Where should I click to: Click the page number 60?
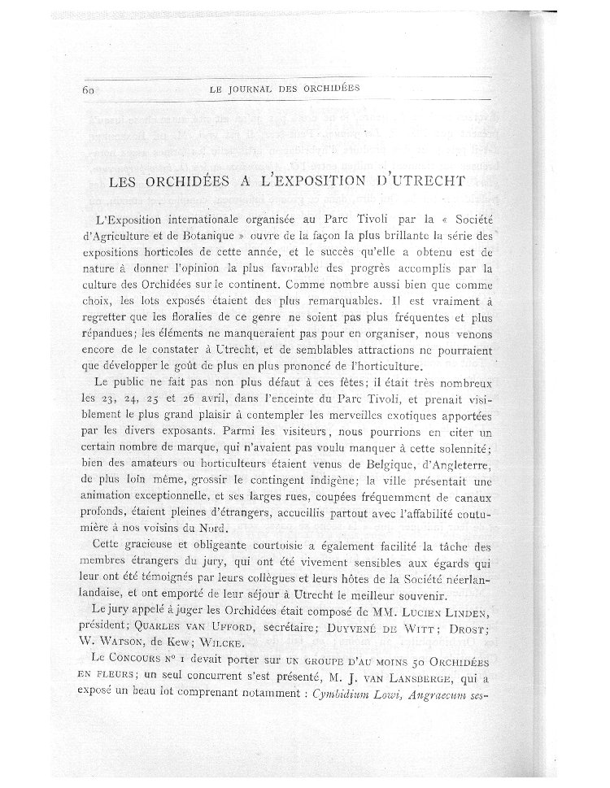[89, 90]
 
